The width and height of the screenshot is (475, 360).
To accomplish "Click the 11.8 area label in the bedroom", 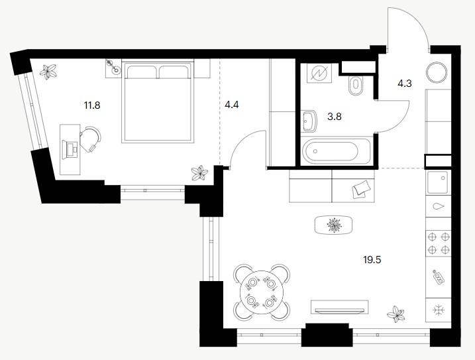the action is [x=92, y=105].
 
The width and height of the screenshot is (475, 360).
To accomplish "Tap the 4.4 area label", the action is [x=232, y=105].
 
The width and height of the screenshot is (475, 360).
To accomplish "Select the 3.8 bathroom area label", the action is [x=335, y=117].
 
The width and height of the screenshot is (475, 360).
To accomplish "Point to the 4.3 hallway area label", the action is [x=405, y=83].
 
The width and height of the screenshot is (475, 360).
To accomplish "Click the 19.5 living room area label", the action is [x=372, y=260].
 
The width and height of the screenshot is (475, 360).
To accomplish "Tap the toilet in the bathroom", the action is [x=356, y=86].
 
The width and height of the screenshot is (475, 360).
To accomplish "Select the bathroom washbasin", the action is [x=309, y=121].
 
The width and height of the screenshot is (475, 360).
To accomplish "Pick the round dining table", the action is [x=262, y=292].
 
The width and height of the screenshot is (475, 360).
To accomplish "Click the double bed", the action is [x=158, y=101].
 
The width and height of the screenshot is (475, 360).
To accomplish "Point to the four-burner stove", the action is [x=439, y=243].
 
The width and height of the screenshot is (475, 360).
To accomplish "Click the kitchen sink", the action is [x=438, y=182].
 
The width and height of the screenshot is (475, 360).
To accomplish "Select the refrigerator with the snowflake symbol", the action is [x=439, y=310].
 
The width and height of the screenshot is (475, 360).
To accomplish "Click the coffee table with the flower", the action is [x=334, y=225].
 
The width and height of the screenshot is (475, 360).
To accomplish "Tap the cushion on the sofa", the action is [x=361, y=189].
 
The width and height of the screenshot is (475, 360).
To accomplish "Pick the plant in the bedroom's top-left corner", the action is [x=48, y=72].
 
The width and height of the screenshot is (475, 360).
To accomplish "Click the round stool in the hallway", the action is [x=437, y=72].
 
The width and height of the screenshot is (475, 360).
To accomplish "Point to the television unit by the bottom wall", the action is [x=340, y=307].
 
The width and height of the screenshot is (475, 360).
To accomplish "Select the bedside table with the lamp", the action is [x=113, y=68].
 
